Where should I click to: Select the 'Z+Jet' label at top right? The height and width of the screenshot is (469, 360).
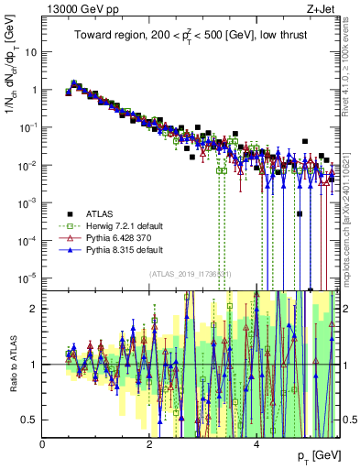point(321,8)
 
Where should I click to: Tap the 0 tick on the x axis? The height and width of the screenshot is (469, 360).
point(42,443)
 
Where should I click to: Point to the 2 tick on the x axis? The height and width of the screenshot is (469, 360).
point(149,443)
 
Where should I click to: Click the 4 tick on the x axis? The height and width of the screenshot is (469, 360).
point(256,443)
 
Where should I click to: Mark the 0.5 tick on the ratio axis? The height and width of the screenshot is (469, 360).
point(31,420)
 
